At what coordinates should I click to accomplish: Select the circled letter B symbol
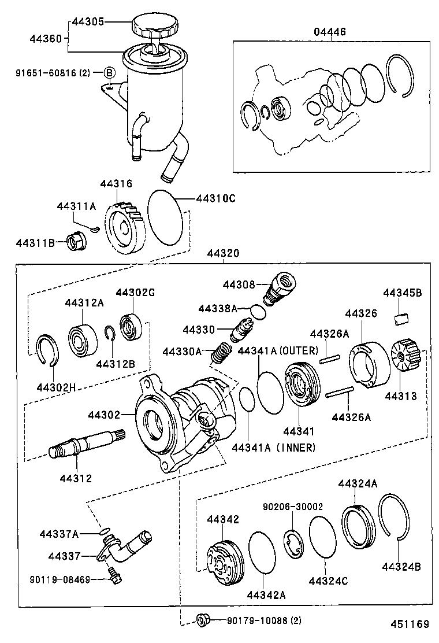[x=109, y=73]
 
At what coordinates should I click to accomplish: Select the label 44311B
[x=35, y=243]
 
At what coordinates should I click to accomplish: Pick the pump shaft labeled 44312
[x=84, y=446]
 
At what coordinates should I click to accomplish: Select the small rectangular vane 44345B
[x=401, y=317]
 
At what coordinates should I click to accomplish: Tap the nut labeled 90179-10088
[x=202, y=620]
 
